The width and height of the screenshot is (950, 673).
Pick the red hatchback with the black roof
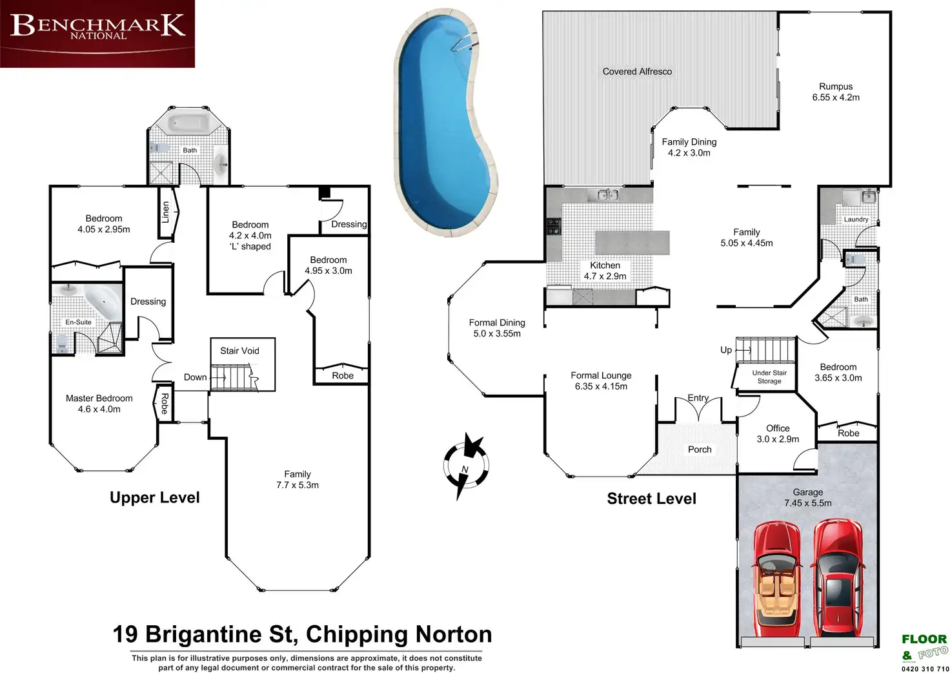(x=838, y=578)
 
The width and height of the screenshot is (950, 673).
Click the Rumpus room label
(x=836, y=87)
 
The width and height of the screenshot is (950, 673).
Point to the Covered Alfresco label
(x=637, y=72)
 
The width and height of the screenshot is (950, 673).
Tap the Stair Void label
(x=239, y=351)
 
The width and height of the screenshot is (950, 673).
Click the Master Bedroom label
(x=99, y=399)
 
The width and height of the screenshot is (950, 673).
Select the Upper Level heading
(x=155, y=497)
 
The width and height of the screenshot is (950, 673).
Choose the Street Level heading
(x=651, y=499)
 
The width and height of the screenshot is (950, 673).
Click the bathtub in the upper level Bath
(x=189, y=123)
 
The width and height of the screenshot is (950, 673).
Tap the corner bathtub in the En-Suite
(x=103, y=302)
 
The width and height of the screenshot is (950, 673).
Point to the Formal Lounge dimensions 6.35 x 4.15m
(x=601, y=386)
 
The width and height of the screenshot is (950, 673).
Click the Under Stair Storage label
(x=769, y=377)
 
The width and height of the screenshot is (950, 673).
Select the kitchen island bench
(x=632, y=242)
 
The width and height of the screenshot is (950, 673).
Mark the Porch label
(x=700, y=450)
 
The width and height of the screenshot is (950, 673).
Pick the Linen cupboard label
(x=166, y=212)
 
